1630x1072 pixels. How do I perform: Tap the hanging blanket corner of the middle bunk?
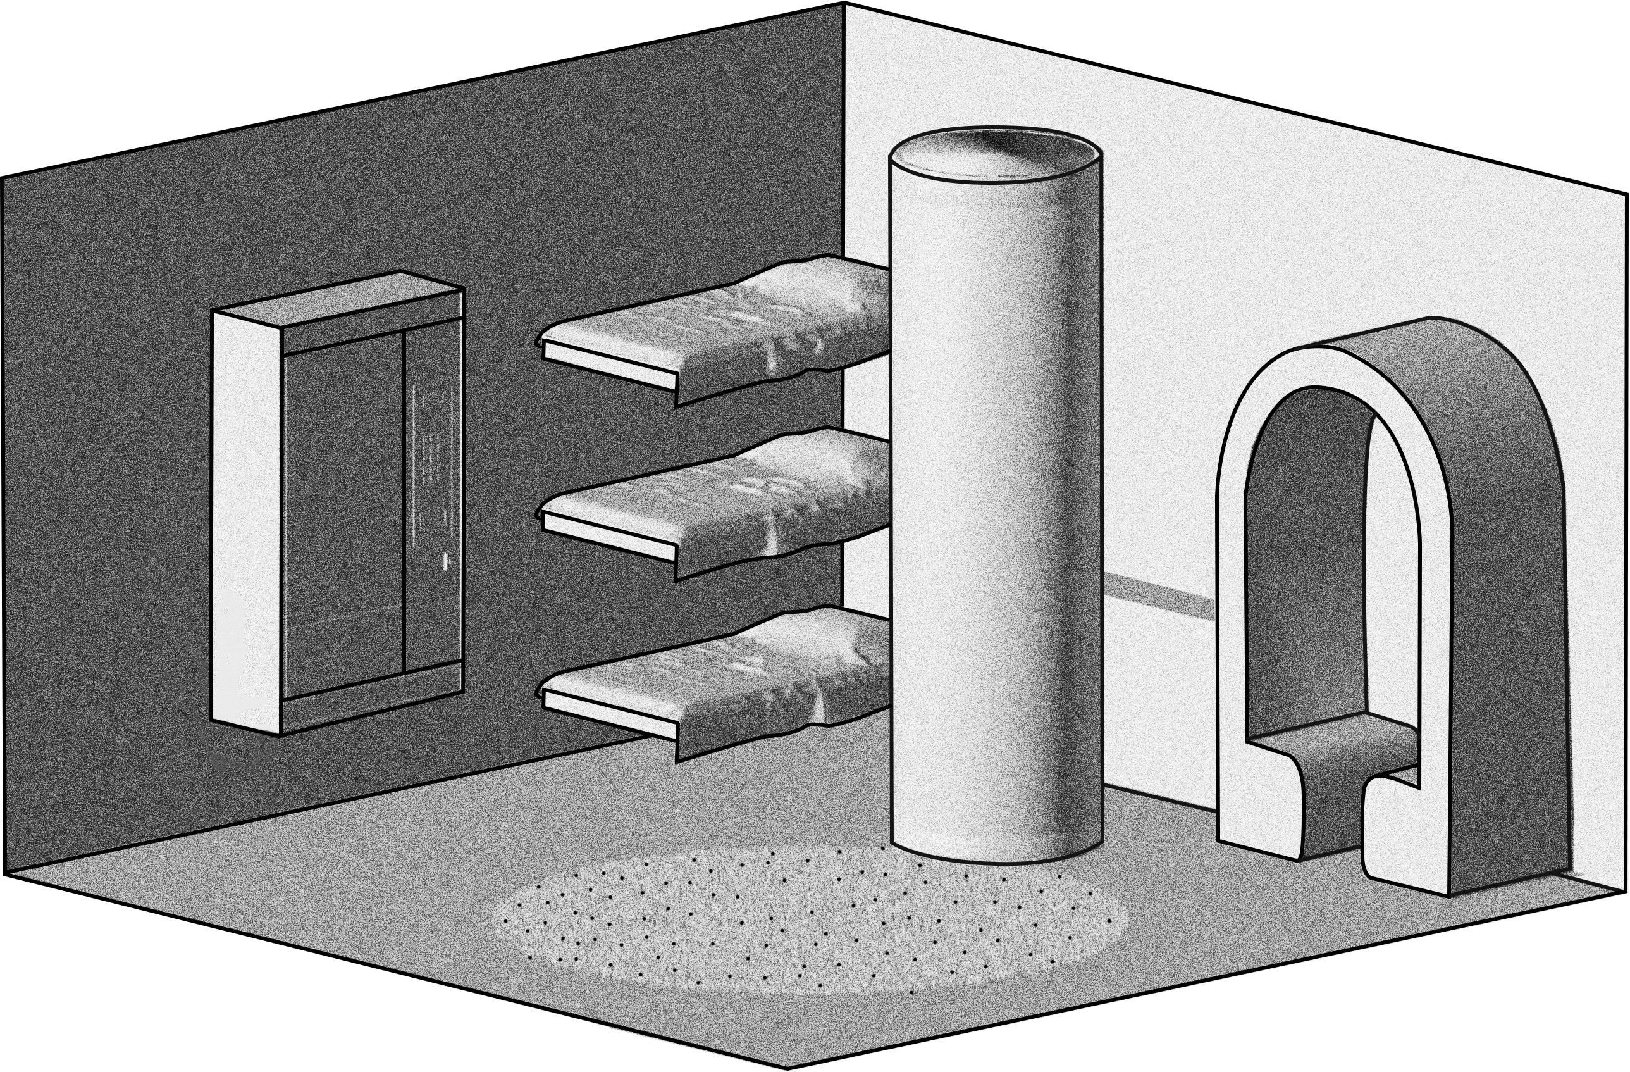pos(753,555)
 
